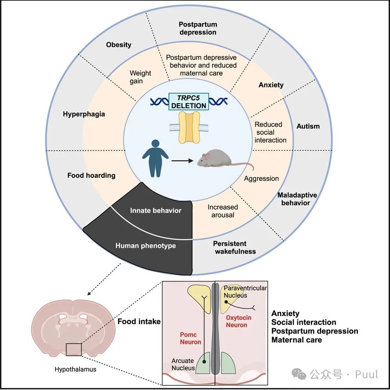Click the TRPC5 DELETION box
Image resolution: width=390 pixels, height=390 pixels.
188,101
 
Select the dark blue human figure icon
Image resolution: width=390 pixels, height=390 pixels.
155,158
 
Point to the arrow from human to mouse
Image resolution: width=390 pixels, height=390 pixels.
182,161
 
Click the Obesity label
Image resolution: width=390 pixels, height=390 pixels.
119,45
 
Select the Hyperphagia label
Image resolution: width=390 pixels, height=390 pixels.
84,114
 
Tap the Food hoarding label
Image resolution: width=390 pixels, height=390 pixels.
91,175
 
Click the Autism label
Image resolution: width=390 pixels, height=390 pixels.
308,126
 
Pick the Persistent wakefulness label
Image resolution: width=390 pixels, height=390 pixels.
235,247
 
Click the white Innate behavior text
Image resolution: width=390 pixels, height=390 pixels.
155,210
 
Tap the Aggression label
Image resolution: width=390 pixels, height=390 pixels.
261,179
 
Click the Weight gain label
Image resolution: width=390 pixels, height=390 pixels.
140,77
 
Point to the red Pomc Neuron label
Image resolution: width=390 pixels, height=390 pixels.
190,338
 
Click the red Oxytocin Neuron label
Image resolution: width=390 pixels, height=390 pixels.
238,321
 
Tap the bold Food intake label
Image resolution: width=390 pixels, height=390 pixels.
139,321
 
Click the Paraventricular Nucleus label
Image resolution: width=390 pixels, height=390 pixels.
245,292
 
